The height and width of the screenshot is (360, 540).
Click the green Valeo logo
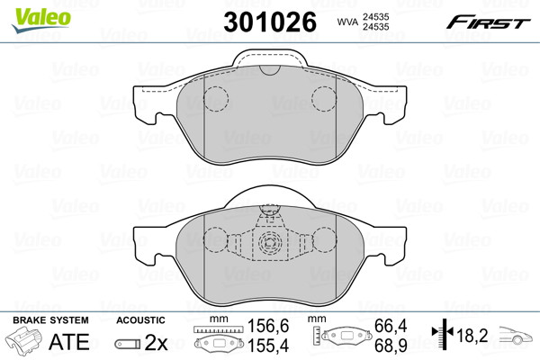[x=41, y=20]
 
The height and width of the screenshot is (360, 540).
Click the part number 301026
[x=270, y=22]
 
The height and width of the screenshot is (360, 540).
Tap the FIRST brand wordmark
[x=488, y=22]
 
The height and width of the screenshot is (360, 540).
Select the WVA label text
[x=347, y=22]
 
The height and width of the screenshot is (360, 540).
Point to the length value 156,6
[x=268, y=326]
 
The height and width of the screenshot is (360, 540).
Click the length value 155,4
[x=268, y=346]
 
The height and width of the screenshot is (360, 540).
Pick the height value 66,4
[x=391, y=326]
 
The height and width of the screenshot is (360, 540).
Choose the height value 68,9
[x=391, y=346]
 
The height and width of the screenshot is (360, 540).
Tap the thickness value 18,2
[x=472, y=336]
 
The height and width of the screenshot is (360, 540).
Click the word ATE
[x=69, y=342]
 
